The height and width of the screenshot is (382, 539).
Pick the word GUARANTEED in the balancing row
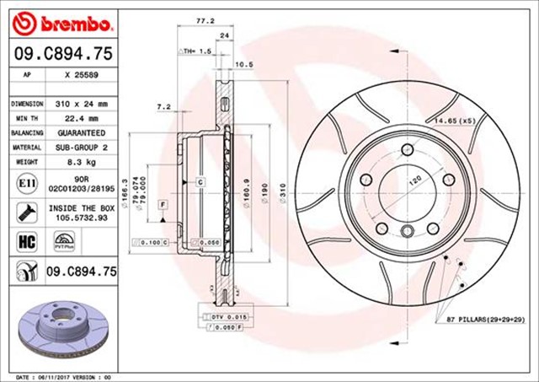tap(81, 133)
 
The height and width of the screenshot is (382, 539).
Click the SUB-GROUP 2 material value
tap(81, 148)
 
